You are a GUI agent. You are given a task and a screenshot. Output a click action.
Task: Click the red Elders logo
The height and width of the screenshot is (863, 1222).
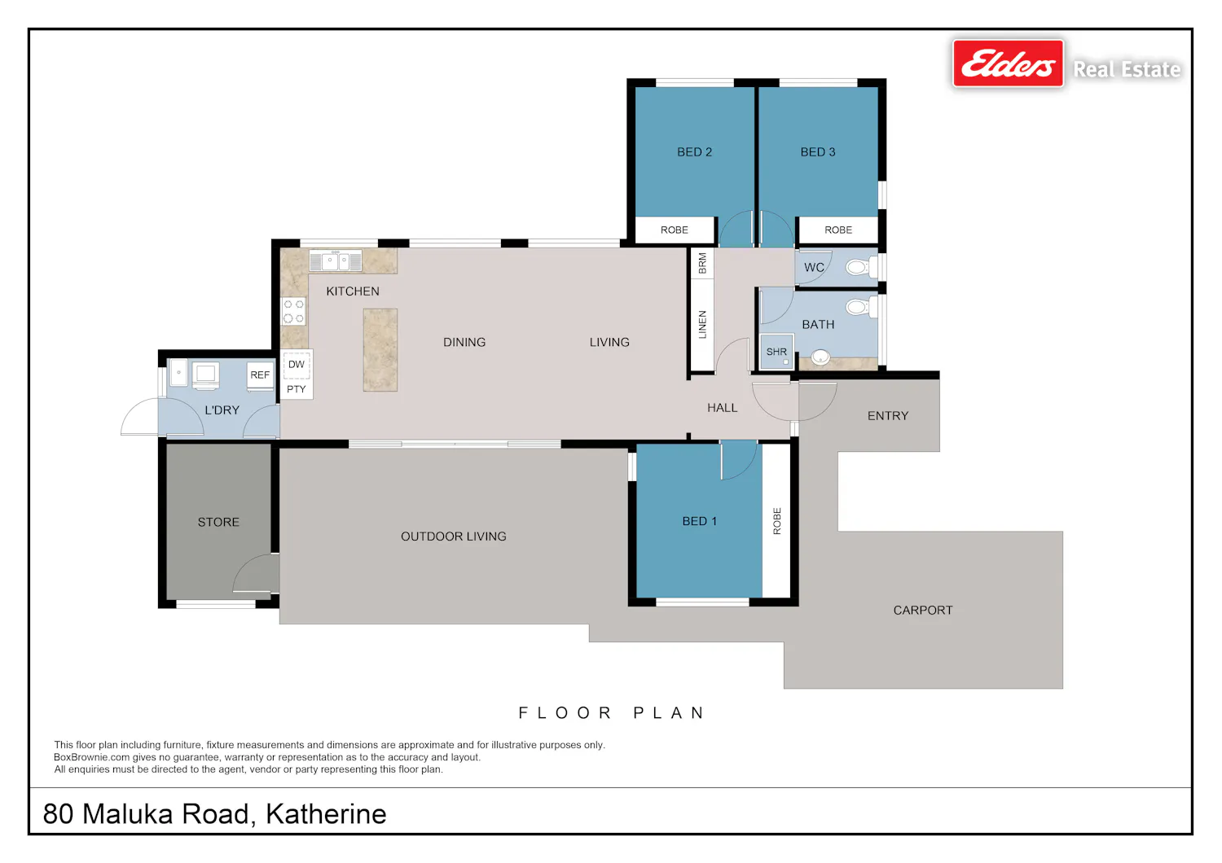[x=1009, y=64]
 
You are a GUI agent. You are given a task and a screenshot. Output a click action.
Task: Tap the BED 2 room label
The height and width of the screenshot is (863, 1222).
[x=694, y=152]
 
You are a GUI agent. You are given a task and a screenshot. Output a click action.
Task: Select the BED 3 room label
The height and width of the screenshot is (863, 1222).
[x=818, y=152]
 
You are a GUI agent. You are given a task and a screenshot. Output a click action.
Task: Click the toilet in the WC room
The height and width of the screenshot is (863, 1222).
[x=861, y=267]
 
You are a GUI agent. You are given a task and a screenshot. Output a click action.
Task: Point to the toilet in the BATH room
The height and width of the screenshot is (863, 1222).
[x=861, y=308]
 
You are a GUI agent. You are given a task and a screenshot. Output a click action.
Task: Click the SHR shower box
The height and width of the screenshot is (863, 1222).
[x=776, y=352]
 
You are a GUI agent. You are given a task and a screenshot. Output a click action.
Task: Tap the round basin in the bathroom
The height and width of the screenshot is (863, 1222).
[x=820, y=357]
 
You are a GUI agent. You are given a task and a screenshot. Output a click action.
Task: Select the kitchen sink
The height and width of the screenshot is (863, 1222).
[x=336, y=261]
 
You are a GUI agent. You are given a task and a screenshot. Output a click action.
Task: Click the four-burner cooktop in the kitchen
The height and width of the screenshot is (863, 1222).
[x=293, y=311]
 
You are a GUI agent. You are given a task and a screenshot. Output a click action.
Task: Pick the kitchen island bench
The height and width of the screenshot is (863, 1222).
[x=380, y=349]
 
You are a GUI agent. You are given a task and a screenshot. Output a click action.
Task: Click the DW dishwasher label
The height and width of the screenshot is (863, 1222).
[x=297, y=364]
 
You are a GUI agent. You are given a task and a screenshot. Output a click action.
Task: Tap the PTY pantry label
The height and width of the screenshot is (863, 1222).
[x=297, y=389]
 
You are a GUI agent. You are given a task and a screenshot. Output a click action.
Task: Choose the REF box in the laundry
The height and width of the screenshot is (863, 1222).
[x=260, y=375]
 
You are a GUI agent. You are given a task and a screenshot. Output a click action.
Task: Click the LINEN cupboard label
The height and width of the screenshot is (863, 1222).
[x=702, y=324]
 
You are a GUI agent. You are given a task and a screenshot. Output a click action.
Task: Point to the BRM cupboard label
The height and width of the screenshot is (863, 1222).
[x=702, y=263]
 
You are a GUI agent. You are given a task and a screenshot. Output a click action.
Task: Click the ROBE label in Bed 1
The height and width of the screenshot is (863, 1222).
[x=777, y=521]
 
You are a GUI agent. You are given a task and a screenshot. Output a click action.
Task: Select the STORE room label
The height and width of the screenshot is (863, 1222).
[x=218, y=522]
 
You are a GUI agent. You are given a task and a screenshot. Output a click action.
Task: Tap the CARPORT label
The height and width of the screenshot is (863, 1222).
[x=923, y=611]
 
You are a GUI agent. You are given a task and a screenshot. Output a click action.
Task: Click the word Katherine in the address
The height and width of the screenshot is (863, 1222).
[x=326, y=814]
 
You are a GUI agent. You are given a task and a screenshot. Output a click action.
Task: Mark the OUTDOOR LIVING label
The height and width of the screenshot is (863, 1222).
[x=453, y=537]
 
